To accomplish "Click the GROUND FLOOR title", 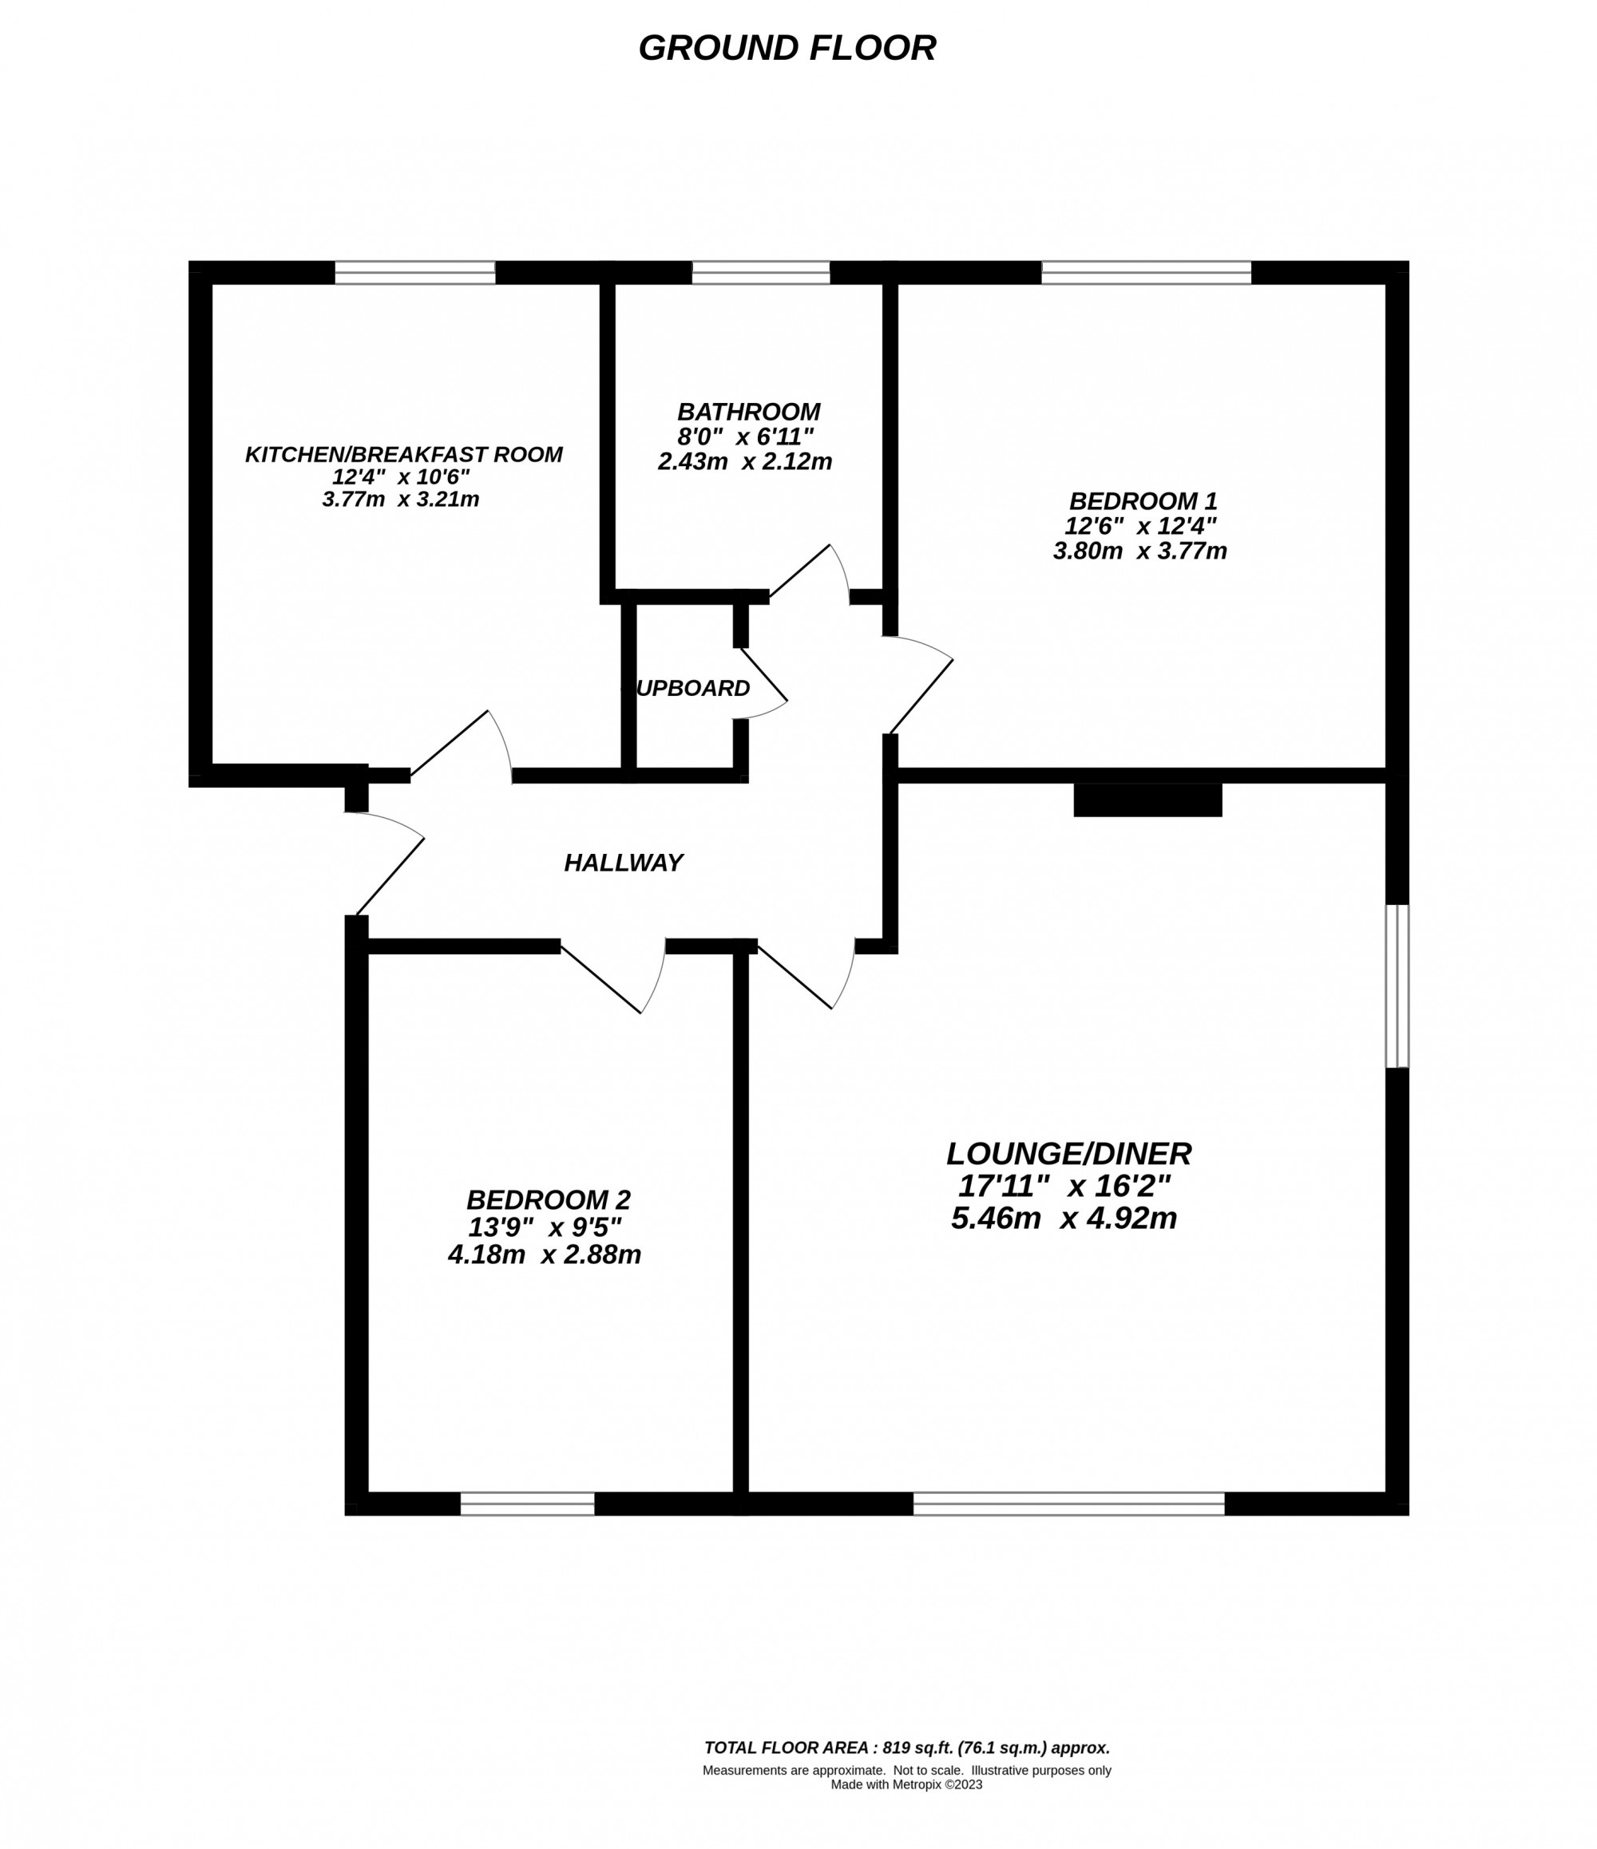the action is [787, 48].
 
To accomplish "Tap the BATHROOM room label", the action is [748, 413].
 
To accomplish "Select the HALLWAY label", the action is [623, 863].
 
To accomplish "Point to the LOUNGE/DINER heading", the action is [1068, 1154].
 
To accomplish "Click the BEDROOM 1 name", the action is [1143, 501].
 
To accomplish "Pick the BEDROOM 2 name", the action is [548, 1199].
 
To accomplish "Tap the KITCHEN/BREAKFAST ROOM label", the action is [403, 454].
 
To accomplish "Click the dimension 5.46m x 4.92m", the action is [1064, 1218].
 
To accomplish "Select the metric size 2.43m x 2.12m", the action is [744, 461].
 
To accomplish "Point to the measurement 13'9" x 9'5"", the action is [545, 1227].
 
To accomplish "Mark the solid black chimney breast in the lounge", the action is [1147, 800].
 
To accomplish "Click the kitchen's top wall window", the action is [415, 272].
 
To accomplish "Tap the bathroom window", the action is [760, 272].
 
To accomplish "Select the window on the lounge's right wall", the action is [1397, 986].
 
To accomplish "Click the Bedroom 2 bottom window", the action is [528, 1503].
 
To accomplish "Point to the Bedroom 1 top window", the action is [1146, 272].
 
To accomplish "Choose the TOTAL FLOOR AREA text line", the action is [907, 1748].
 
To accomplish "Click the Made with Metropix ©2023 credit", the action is [906, 1784].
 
